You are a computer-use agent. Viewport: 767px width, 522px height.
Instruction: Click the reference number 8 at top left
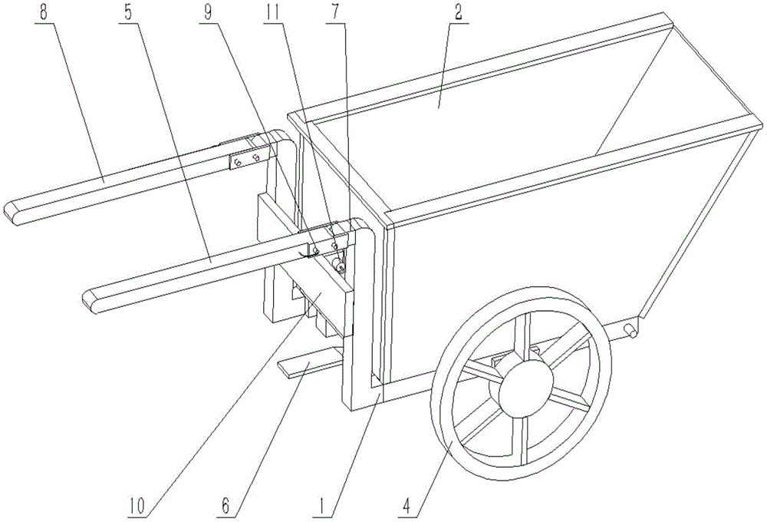coord(44,13)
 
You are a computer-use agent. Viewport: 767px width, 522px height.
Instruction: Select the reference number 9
coord(209,13)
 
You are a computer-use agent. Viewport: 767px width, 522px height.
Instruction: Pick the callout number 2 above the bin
coord(458,13)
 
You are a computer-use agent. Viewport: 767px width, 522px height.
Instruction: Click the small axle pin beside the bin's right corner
coord(630,330)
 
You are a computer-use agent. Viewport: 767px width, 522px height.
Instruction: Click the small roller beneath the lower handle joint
coord(337,265)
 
